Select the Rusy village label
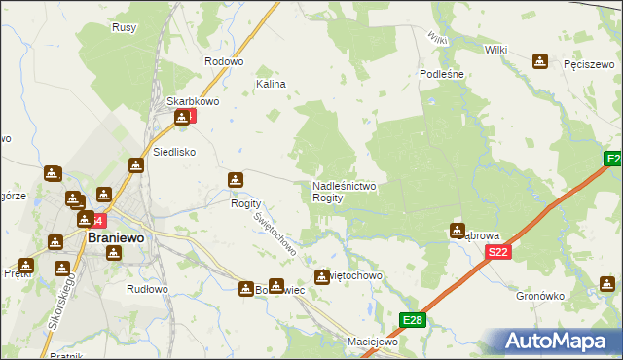(x=124, y=27)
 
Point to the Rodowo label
(x=223, y=61)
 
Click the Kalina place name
(x=271, y=85)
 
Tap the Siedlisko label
(x=175, y=153)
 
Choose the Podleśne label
(x=440, y=74)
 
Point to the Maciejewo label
(x=374, y=342)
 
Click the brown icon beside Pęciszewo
(x=540, y=61)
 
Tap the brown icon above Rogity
(x=236, y=180)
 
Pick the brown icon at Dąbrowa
(x=457, y=231)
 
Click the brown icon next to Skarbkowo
(x=181, y=118)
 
